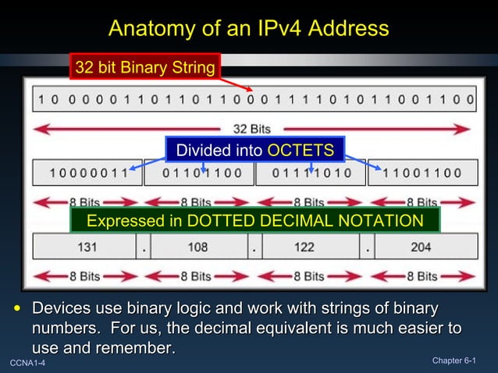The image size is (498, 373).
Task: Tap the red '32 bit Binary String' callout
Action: tap(145, 67)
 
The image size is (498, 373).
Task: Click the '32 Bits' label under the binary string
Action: tap(251, 128)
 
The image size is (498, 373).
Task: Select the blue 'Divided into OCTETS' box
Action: tap(254, 150)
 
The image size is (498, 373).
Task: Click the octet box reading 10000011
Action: tap(87, 173)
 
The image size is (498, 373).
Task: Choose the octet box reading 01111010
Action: tap(311, 173)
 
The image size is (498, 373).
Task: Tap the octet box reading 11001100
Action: tap(422, 173)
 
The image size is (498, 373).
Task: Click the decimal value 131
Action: tap(87, 247)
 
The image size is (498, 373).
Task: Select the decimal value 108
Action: tap(198, 247)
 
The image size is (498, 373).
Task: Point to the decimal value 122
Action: tap(304, 247)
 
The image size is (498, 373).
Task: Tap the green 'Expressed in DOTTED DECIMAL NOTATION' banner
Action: tap(254, 221)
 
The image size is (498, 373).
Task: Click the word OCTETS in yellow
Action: tap(301, 150)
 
